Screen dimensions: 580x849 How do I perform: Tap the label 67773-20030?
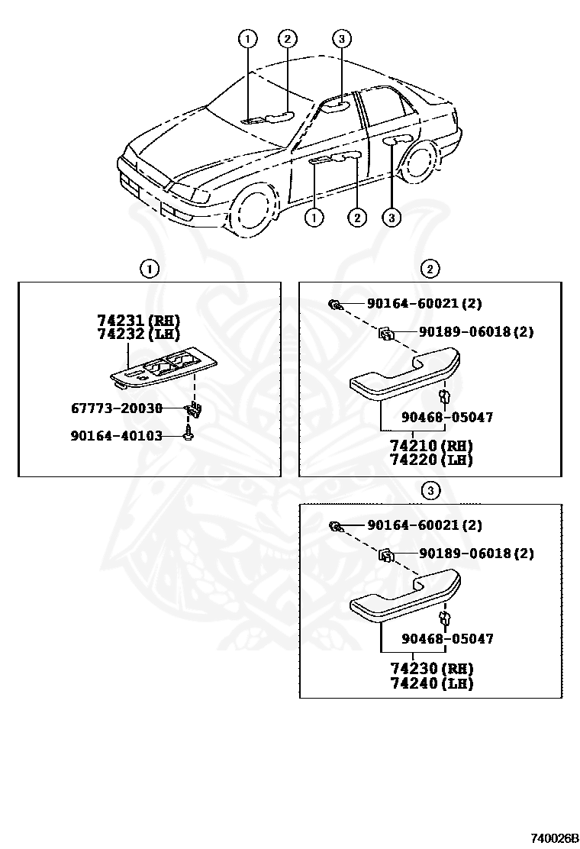click(117, 408)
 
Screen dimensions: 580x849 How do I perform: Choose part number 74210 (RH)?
click(431, 446)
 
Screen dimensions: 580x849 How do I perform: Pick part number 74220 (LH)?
click(431, 460)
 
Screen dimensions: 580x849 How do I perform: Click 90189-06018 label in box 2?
click(475, 332)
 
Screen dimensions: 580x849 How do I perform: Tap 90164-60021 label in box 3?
click(424, 525)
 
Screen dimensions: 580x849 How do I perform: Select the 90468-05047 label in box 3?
click(448, 638)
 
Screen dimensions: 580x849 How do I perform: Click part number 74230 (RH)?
click(431, 669)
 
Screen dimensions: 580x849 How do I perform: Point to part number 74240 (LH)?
click(431, 683)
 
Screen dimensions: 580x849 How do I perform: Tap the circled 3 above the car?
click(341, 39)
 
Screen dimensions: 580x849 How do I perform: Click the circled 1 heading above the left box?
click(149, 269)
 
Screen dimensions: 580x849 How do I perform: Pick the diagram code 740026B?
click(555, 838)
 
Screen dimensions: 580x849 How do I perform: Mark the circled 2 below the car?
click(356, 218)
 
